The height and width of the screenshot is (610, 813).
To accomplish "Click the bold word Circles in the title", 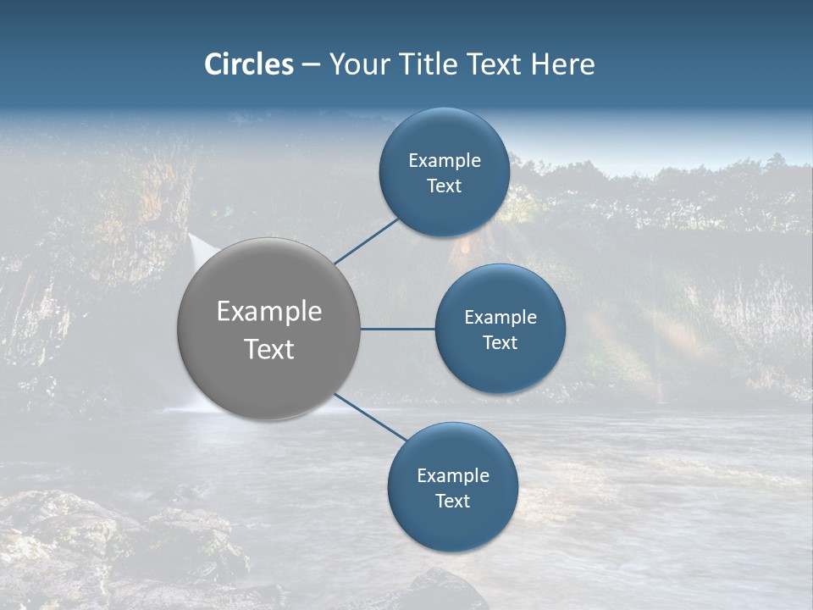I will click(x=249, y=64).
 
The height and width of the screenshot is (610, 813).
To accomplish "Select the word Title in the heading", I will click(x=423, y=64).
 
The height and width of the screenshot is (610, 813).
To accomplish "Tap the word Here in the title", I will click(x=563, y=64).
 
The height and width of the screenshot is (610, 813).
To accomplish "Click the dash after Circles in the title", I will click(x=311, y=65).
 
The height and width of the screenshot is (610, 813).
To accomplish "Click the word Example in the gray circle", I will click(x=269, y=312).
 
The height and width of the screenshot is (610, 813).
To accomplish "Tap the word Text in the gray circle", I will click(x=269, y=349).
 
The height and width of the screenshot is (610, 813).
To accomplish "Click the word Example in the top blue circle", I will click(x=445, y=160).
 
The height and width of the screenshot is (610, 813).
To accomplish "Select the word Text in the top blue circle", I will click(x=445, y=186).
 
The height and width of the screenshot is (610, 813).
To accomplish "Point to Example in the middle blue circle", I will click(x=501, y=317).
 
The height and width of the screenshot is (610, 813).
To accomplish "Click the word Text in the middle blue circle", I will click(x=501, y=342).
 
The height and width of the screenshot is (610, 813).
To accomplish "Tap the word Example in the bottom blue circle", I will click(x=453, y=475).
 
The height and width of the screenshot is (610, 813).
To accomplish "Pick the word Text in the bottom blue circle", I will click(x=453, y=501).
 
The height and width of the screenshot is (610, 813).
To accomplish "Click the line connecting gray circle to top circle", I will click(x=368, y=241).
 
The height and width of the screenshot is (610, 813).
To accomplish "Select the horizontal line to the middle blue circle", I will click(x=398, y=329).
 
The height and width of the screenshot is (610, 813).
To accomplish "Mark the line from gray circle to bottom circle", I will click(x=373, y=418).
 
